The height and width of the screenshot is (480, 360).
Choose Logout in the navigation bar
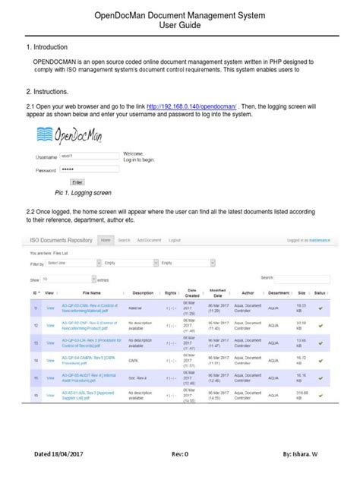174,240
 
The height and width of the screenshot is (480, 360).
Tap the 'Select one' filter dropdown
71,263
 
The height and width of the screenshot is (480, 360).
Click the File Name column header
91,292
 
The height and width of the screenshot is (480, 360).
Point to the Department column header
279,292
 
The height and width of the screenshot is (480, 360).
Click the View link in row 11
51,308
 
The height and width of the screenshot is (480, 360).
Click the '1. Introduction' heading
52,47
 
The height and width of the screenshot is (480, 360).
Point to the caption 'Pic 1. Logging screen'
77,193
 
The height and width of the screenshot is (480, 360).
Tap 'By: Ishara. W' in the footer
301,453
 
